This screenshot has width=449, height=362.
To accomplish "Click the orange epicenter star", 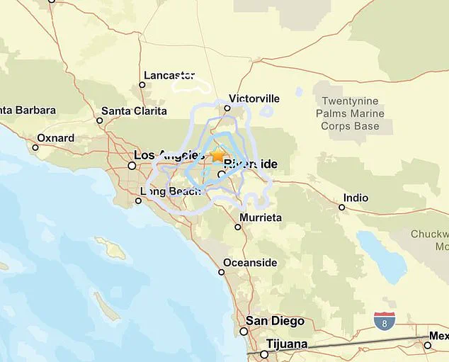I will pyautogui.click(x=217, y=154).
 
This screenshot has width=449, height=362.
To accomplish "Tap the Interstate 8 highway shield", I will pyautogui.click(x=385, y=321).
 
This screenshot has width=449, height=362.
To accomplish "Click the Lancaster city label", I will pyautogui.click(x=169, y=75).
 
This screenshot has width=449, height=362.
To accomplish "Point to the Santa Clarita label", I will pyautogui.click(x=134, y=111).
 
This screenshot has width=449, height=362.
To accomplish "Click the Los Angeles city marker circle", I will pyautogui.click(x=132, y=165).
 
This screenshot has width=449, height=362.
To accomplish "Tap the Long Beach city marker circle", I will pyautogui.click(x=139, y=200).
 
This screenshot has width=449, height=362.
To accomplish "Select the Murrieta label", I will pyautogui.click(x=261, y=217).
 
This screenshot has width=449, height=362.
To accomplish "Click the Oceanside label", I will pyautogui.click(x=250, y=263).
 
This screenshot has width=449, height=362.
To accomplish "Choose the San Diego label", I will pyautogui.click(x=275, y=320).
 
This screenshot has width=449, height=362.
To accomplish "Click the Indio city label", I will pyautogui.click(x=356, y=198).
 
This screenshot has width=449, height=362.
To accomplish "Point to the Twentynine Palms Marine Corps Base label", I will pyautogui.click(x=350, y=114).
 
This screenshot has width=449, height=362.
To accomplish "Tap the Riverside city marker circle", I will pyautogui.click(x=221, y=174).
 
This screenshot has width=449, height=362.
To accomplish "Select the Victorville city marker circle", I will pyautogui.click(x=227, y=108).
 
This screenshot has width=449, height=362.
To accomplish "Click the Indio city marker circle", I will pyautogui.click(x=341, y=208).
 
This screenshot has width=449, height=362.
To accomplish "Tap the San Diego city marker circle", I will pyautogui.click(x=244, y=331).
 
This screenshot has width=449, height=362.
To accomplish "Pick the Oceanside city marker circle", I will pyautogui.click(x=222, y=272).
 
